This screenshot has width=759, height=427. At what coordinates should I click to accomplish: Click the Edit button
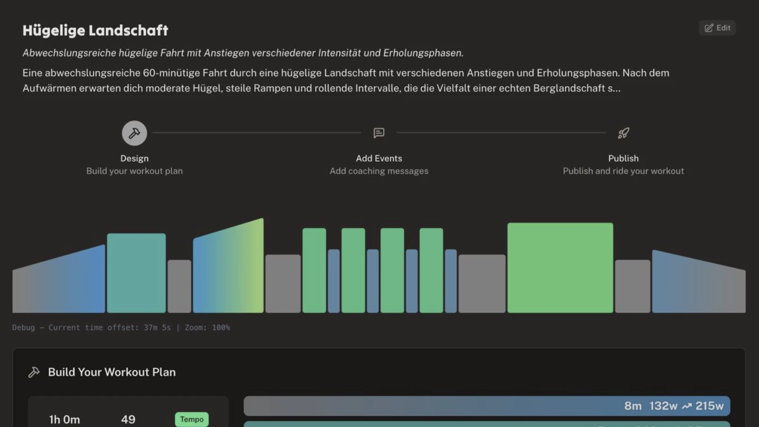pos(717,28)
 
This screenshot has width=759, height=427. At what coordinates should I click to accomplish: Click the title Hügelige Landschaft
pos(95,30)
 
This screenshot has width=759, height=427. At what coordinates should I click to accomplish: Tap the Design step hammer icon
pos(134,133)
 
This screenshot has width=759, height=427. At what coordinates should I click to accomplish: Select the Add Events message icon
pos(379,133)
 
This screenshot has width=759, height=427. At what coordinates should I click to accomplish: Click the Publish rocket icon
pos(623,133)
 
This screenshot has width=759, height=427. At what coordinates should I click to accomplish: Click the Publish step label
pos(623,158)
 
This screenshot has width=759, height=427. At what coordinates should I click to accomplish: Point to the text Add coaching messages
pos(379,171)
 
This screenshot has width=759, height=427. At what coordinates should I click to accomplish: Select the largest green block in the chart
pos(560,268)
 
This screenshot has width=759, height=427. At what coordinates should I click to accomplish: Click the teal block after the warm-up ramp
pos(136,273)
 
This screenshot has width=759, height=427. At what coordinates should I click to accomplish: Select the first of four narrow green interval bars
pos(314,270)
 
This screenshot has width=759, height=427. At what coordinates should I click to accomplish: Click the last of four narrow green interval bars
pos(431,270)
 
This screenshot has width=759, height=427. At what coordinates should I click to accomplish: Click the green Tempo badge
pos(192,419)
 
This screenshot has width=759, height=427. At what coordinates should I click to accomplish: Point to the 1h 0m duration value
pos(65,419)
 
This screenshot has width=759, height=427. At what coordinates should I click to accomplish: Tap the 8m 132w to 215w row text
pos(674,406)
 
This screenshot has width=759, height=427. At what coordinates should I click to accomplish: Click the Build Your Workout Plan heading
pos(111,372)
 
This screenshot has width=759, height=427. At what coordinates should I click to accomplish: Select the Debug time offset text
pos(121,327)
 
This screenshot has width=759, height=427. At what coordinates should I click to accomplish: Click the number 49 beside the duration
pos(128,419)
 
